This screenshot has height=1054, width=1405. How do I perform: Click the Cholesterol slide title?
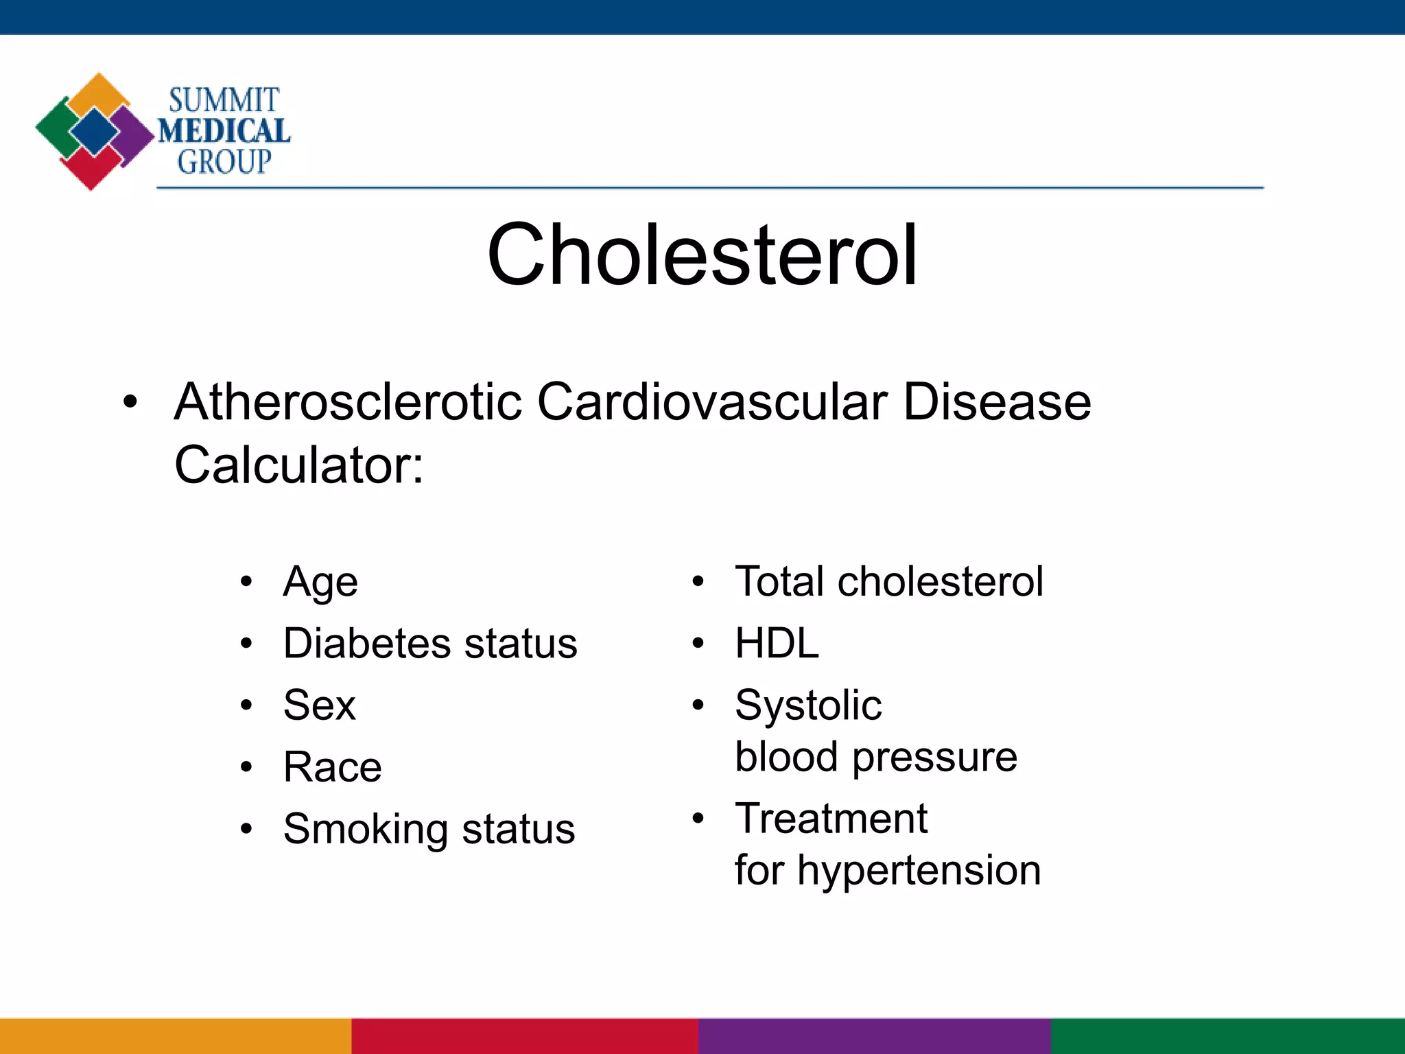point(702,255)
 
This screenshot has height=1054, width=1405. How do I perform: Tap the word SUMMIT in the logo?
point(224,100)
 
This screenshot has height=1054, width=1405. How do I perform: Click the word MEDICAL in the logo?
point(224,131)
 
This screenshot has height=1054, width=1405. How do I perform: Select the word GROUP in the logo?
point(224,162)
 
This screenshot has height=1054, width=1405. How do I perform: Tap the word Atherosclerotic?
point(348,401)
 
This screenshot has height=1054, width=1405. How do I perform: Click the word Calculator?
point(299,465)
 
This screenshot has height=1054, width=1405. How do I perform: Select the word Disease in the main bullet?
point(996,401)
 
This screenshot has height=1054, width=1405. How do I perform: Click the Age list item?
point(320,583)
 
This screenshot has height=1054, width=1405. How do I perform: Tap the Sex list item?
point(320,705)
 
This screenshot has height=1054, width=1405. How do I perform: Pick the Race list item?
point(333,766)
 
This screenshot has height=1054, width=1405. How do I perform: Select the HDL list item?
point(777,643)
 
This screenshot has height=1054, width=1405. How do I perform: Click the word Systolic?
point(808,705)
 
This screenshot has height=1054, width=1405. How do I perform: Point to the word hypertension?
point(919,870)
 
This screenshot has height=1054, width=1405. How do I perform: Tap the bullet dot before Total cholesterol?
point(698,582)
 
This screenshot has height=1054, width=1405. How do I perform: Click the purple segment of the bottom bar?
point(875,1036)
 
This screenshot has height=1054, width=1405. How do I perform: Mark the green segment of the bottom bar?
point(1228,1036)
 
